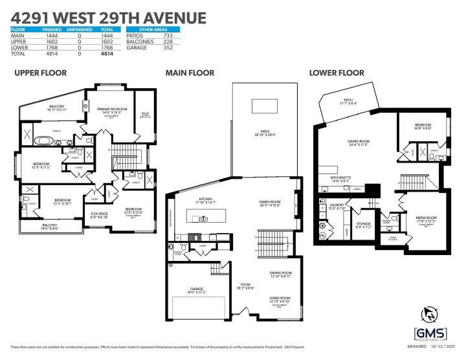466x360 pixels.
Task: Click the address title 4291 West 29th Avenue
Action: click(109, 17)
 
